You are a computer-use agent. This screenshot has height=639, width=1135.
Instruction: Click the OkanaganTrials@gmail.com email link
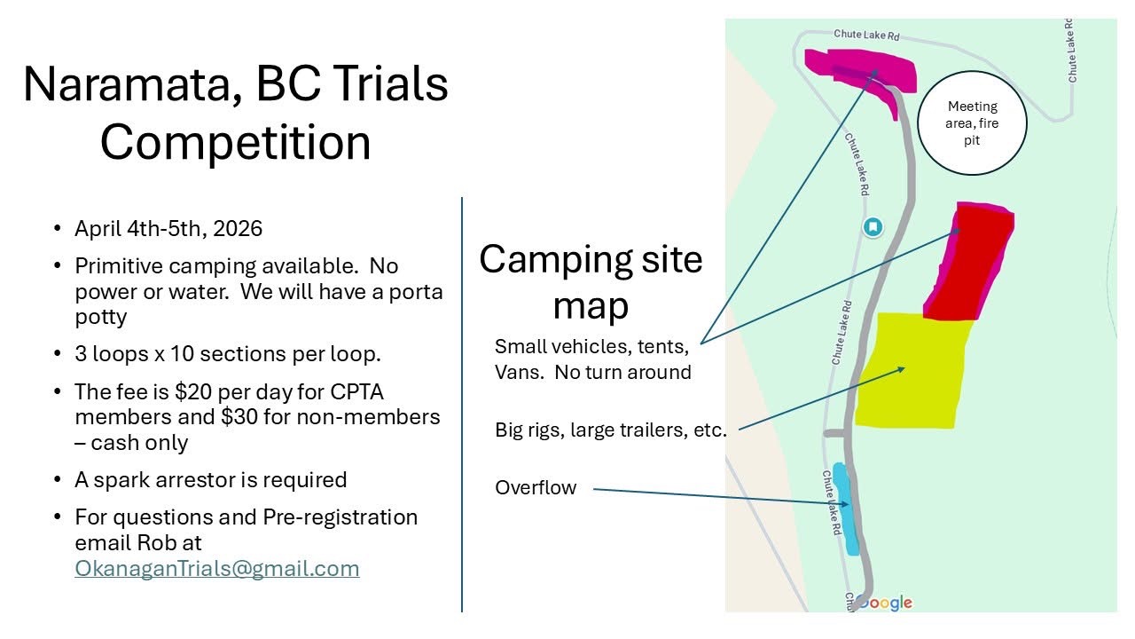click(217, 569)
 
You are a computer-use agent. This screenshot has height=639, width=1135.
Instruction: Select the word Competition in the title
click(236, 142)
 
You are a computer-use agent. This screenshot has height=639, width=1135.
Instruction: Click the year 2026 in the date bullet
click(238, 229)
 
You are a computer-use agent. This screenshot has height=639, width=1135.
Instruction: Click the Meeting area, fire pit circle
click(972, 123)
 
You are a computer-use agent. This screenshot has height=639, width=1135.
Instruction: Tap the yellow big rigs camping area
click(912, 371)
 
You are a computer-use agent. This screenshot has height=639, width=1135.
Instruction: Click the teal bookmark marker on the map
click(873, 226)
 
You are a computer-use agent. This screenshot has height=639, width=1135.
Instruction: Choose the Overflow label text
click(536, 487)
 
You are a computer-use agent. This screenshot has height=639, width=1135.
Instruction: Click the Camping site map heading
click(591, 281)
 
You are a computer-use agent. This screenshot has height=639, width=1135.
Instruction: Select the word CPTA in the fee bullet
click(356, 392)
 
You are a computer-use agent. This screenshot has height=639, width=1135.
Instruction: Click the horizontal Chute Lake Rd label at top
click(866, 35)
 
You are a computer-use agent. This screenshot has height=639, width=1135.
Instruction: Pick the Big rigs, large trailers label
click(611, 430)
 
